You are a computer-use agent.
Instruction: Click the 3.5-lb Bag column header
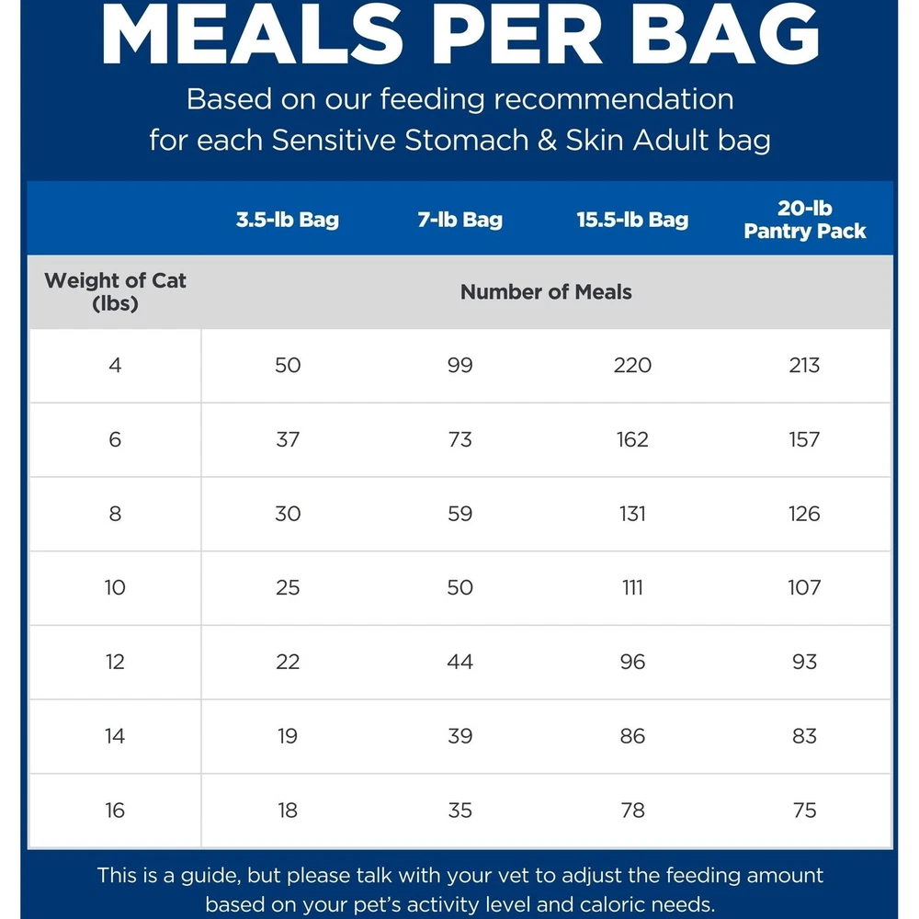(x=287, y=220)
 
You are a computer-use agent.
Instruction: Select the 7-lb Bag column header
(x=459, y=220)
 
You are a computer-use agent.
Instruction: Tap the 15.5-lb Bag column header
(x=632, y=220)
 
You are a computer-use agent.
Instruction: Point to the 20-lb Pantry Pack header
(x=804, y=220)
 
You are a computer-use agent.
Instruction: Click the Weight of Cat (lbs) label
(x=115, y=291)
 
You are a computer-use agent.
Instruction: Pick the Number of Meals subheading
(x=546, y=292)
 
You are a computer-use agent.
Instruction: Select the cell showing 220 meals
(x=632, y=365)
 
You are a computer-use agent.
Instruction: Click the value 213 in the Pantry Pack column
(x=804, y=365)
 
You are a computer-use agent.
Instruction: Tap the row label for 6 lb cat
(x=115, y=439)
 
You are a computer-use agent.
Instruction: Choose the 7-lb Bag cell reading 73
(x=459, y=439)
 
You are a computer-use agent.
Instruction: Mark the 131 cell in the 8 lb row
(x=632, y=514)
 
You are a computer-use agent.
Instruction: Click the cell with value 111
(x=632, y=587)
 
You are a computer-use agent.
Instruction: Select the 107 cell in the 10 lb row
(x=804, y=587)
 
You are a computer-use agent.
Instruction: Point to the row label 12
(x=115, y=662)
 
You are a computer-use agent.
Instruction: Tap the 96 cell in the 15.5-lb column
(x=632, y=662)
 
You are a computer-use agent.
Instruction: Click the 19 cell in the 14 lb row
(x=288, y=736)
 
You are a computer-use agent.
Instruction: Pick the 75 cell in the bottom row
(x=804, y=811)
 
